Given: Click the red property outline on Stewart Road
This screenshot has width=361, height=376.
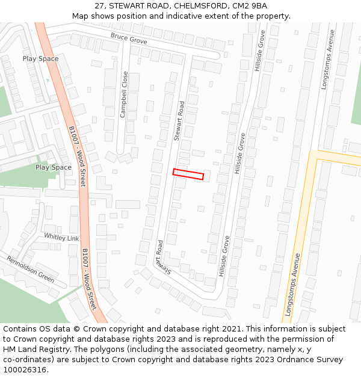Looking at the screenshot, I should pos(188,174).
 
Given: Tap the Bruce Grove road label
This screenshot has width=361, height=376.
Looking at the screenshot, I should pos(129,39).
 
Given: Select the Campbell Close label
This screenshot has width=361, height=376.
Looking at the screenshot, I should pos(125,94).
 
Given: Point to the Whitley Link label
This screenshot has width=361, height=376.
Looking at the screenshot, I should pos(61,238).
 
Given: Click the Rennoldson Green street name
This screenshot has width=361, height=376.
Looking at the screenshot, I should pos(30,269).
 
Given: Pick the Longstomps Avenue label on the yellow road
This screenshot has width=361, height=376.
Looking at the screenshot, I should pos(293,285).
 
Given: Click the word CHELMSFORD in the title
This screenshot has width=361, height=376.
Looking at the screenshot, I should pos(203,6).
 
